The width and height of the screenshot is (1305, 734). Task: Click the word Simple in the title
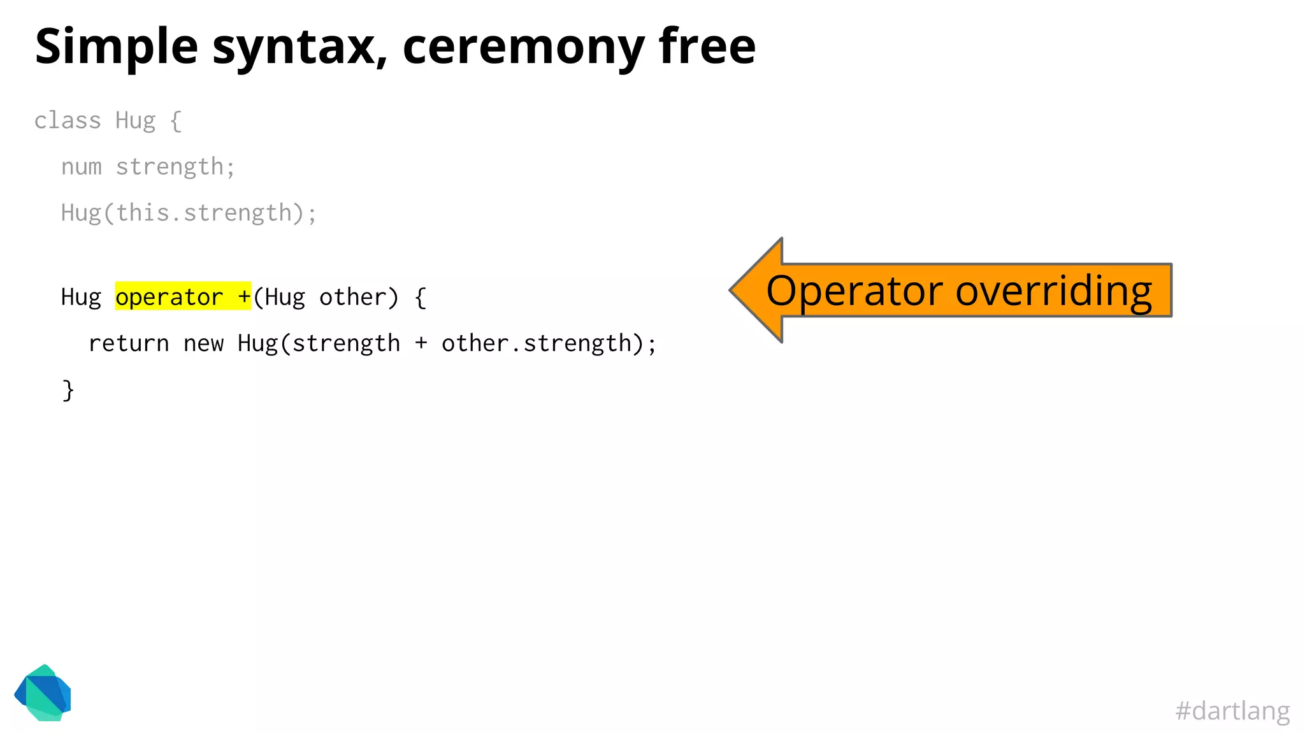click(117, 47)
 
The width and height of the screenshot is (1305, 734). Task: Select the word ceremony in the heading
click(524, 47)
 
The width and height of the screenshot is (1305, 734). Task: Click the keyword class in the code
click(68, 120)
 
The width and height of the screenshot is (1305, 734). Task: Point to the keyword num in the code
click(82, 167)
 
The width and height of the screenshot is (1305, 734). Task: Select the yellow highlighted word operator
click(169, 297)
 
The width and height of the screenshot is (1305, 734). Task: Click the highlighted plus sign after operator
click(244, 297)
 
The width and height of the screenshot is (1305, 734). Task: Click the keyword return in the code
click(129, 343)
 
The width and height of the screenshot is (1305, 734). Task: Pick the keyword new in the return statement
click(203, 343)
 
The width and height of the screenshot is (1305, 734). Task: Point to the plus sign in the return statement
click(421, 343)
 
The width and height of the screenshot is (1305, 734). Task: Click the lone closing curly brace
click(68, 390)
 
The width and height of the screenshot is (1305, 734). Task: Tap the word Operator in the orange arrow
click(854, 291)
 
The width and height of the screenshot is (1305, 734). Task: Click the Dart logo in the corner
click(43, 693)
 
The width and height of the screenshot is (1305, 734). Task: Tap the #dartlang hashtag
click(1232, 710)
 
